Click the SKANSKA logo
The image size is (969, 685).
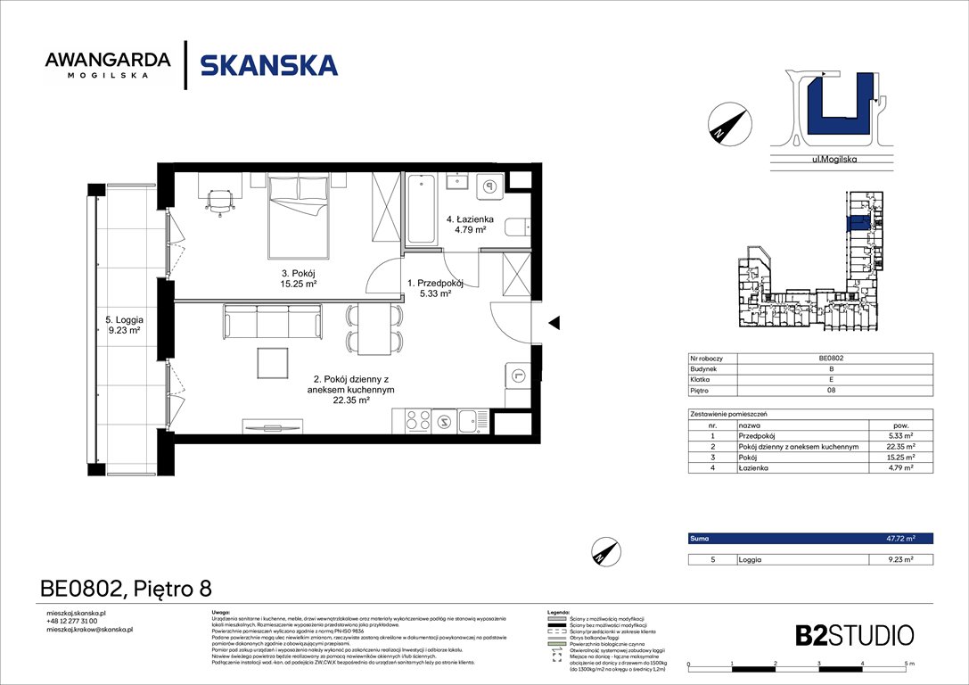point(268,65)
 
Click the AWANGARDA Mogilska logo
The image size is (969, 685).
point(108,65)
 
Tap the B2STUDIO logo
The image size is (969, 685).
point(854,635)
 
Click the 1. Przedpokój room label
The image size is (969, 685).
point(435,287)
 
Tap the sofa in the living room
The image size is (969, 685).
point(272,320)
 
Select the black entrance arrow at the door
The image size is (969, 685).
point(554,322)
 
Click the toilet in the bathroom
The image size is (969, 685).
point(518,227)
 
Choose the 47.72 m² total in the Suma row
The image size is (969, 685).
point(900,539)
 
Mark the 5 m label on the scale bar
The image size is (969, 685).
point(908,664)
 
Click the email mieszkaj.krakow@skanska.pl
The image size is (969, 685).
point(89,630)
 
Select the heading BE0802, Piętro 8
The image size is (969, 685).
point(127,589)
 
